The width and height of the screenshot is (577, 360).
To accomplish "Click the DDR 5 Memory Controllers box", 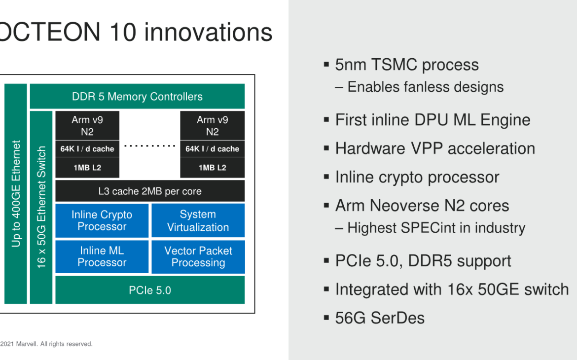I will point(137,96).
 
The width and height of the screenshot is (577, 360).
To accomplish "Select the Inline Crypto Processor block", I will point(102,220).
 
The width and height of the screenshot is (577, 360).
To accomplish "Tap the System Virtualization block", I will point(198,220).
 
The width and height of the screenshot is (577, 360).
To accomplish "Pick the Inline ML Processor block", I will point(102,256).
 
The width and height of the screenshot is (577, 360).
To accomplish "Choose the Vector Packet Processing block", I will point(198,256).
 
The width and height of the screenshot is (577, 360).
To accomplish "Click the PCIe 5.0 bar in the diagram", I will point(150,290).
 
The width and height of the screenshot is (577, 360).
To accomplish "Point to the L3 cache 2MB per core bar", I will point(150,191).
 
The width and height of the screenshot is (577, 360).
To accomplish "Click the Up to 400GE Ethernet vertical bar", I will point(16,194).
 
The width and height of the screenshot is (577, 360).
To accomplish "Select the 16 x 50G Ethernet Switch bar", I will point(41,207).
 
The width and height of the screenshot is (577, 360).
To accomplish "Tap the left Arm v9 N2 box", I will point(87,125).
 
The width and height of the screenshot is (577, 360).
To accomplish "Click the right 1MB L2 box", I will point(212,168).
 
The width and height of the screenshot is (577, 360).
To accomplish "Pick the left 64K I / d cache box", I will point(87,148).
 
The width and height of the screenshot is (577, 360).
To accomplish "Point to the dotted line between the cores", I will point(150,146).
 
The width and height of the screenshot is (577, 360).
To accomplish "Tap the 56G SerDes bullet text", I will point(380,318).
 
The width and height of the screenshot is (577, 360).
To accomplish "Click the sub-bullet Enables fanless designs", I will point(425,87).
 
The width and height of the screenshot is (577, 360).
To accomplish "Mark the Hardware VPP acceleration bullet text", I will point(435,148).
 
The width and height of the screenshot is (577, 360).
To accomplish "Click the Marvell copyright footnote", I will point(46,344).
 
